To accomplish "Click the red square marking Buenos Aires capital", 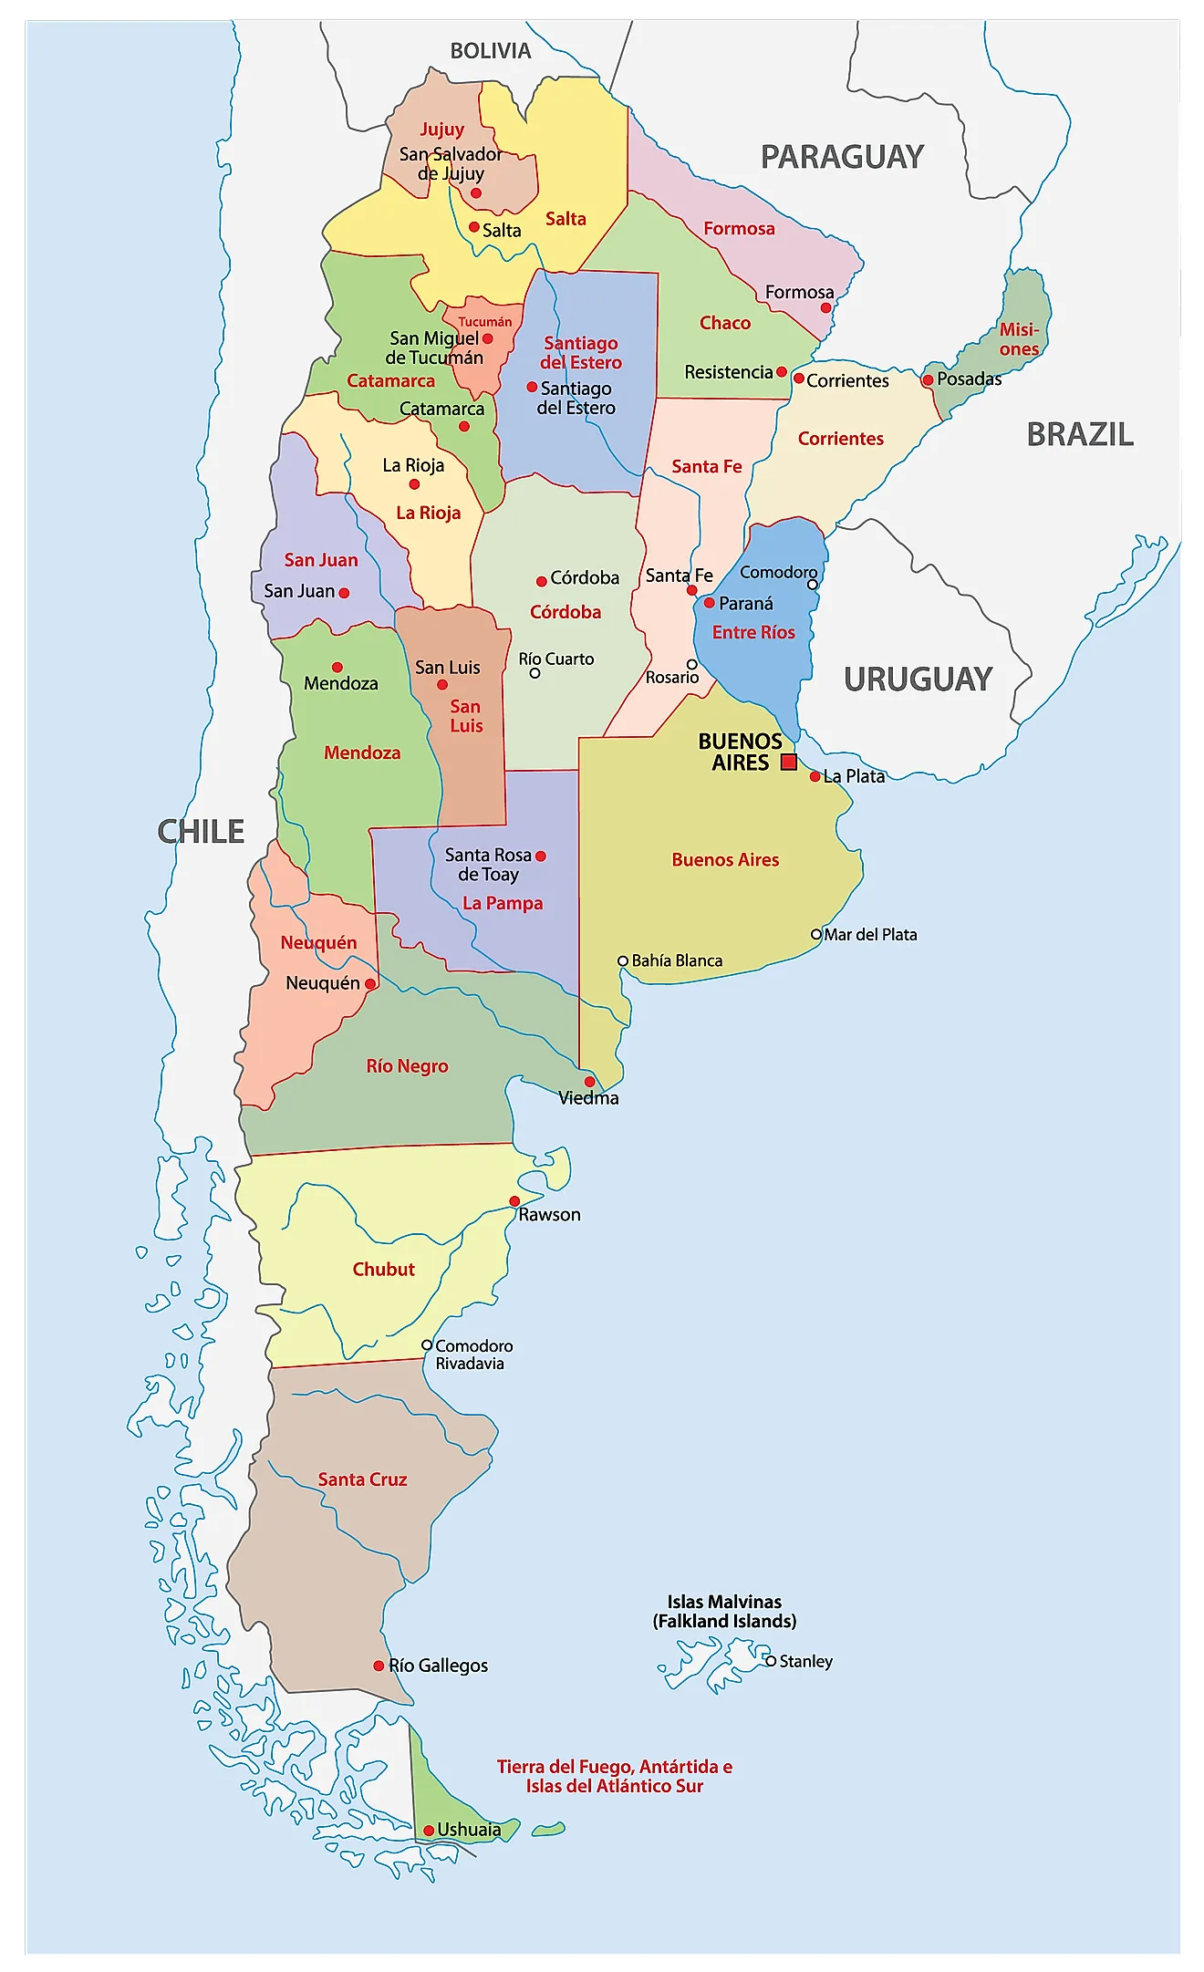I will pos(789,762).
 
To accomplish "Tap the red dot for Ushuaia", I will pos(429,1831).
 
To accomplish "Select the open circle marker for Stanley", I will pos(771,1661).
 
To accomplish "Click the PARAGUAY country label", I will pos(842,157).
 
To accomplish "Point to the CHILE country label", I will pos(201,831).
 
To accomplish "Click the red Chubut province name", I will pos(383,1269).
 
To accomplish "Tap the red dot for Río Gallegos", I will pos(379,1666).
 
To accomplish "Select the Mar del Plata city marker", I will pos(816,934).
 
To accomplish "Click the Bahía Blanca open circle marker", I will pos(623,960).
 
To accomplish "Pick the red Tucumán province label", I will pos(484,322).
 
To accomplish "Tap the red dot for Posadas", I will pos(928,379).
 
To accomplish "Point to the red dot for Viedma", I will pos(589,1082).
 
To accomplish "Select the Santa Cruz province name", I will pos(362,1479).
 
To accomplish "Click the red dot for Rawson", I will pos(514,1201).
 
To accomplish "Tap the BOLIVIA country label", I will pos(491,51).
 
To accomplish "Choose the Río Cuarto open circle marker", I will pos(535,673).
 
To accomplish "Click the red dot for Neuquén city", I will pos(370,984).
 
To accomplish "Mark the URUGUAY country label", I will pos(918,680).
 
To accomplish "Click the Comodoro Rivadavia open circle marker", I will pos(427,1344).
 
